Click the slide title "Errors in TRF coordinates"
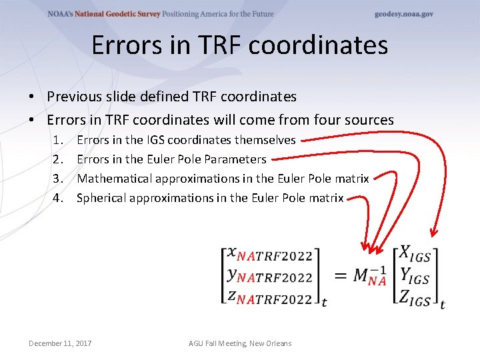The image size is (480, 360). click(x=239, y=45)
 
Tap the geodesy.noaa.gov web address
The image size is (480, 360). click(x=403, y=14)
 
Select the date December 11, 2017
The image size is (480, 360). click(x=60, y=343)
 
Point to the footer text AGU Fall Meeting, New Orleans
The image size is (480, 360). click(x=240, y=343)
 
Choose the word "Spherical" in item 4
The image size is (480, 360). click(x=101, y=197)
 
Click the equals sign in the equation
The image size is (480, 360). click(x=339, y=276)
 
